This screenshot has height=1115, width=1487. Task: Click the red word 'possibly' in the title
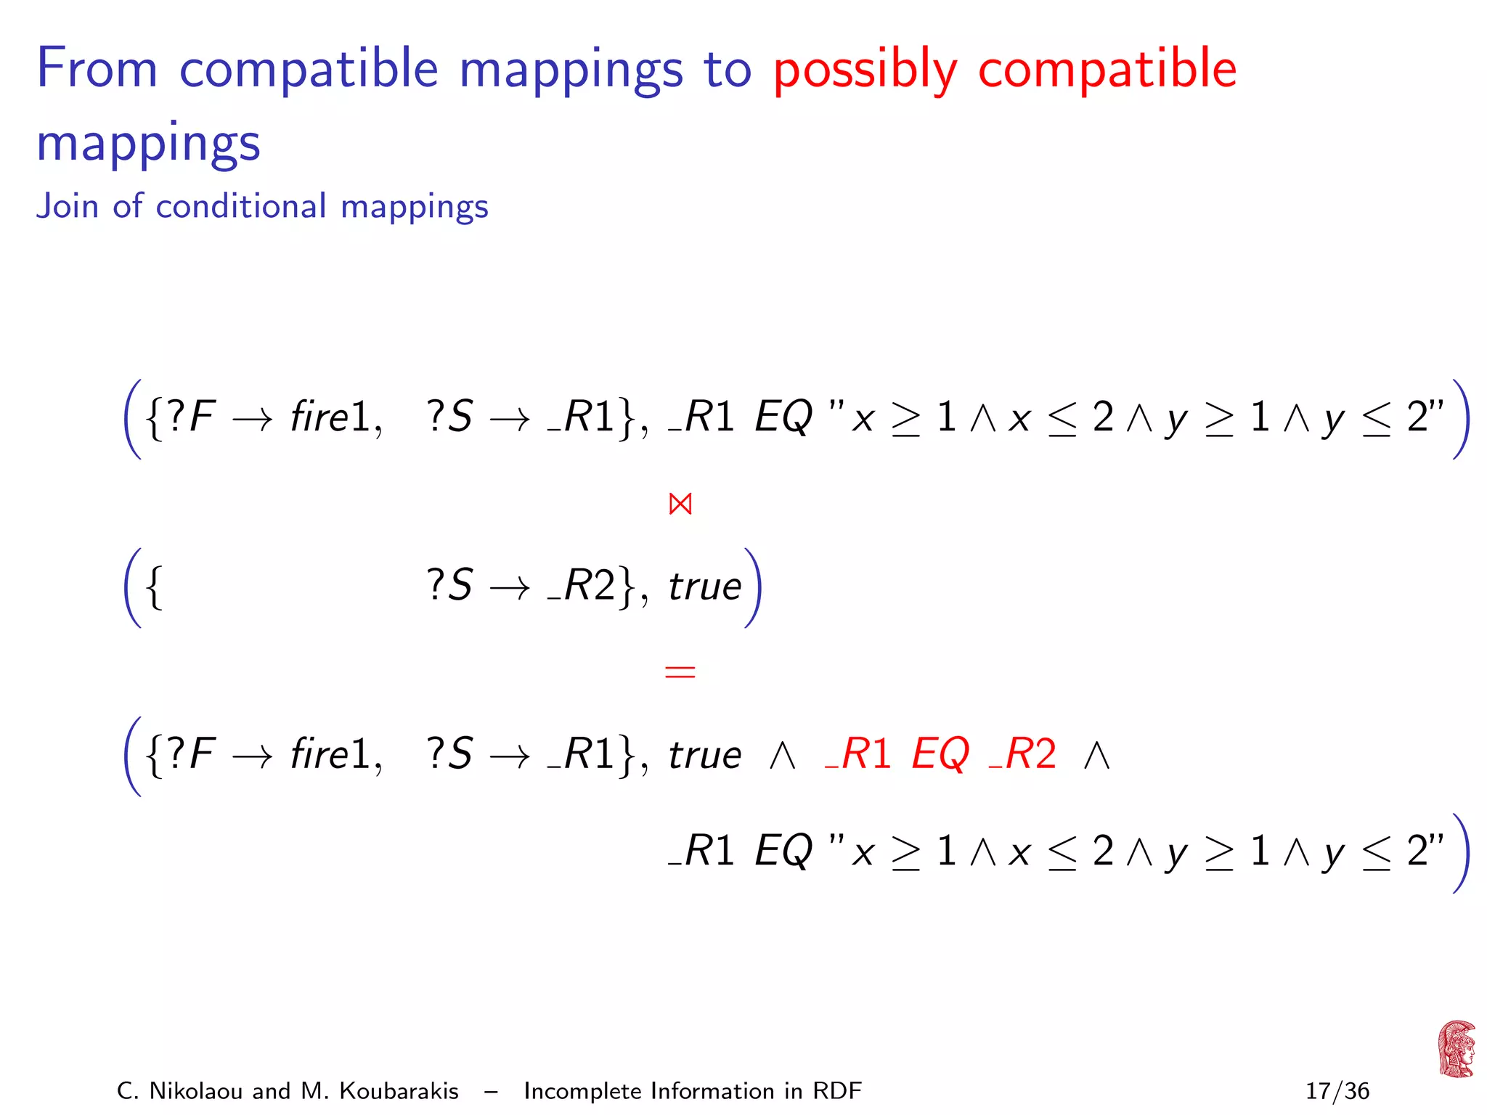[865, 70]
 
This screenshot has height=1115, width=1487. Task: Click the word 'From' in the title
[97, 69]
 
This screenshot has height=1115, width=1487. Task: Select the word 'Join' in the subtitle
[68, 206]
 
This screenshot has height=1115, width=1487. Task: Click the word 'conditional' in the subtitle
[241, 206]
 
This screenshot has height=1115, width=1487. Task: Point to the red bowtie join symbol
[680, 504]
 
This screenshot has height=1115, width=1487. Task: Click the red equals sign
[680, 671]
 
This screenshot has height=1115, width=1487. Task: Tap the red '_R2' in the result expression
[1022, 754]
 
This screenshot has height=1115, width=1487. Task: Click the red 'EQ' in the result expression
[940, 754]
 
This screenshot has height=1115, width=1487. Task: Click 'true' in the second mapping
[705, 587]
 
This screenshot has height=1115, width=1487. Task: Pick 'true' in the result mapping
[705, 755]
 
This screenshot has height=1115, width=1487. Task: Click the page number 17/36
[1337, 1091]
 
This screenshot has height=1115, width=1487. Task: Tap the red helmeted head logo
[1456, 1049]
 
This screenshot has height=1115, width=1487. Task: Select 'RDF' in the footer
[836, 1091]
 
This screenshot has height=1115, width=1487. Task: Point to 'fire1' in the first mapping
[331, 417]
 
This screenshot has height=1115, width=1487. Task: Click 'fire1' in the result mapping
[331, 754]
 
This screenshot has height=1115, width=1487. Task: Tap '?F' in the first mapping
[192, 417]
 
